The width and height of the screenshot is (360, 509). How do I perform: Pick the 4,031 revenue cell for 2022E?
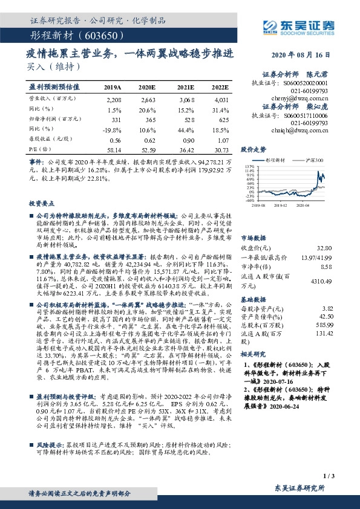tap(222, 99)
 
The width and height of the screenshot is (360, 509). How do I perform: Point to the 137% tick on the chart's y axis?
tap(249, 165)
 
